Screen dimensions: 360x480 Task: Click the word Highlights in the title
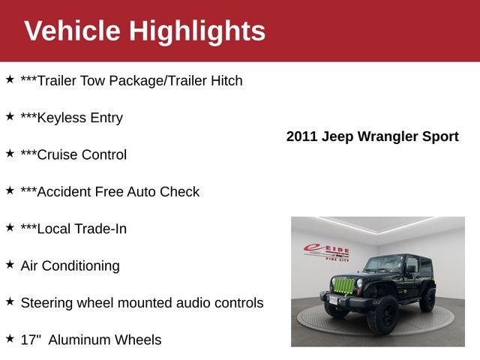pyautogui.click(x=197, y=31)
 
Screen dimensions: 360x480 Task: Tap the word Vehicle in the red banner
pyautogui.click(x=72, y=31)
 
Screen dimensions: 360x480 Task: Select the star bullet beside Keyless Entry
pyautogui.click(x=10, y=116)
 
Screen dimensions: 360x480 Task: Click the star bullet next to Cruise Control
pyautogui.click(x=10, y=153)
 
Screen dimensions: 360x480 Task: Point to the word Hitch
pyautogui.click(x=224, y=80)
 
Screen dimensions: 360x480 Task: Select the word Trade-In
pyautogui.click(x=100, y=229)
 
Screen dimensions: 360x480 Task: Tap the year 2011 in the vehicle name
pyautogui.click(x=302, y=136)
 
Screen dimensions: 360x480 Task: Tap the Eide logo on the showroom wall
pyautogui.click(x=326, y=253)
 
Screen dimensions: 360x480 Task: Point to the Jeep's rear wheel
pyautogui.click(x=427, y=299)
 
